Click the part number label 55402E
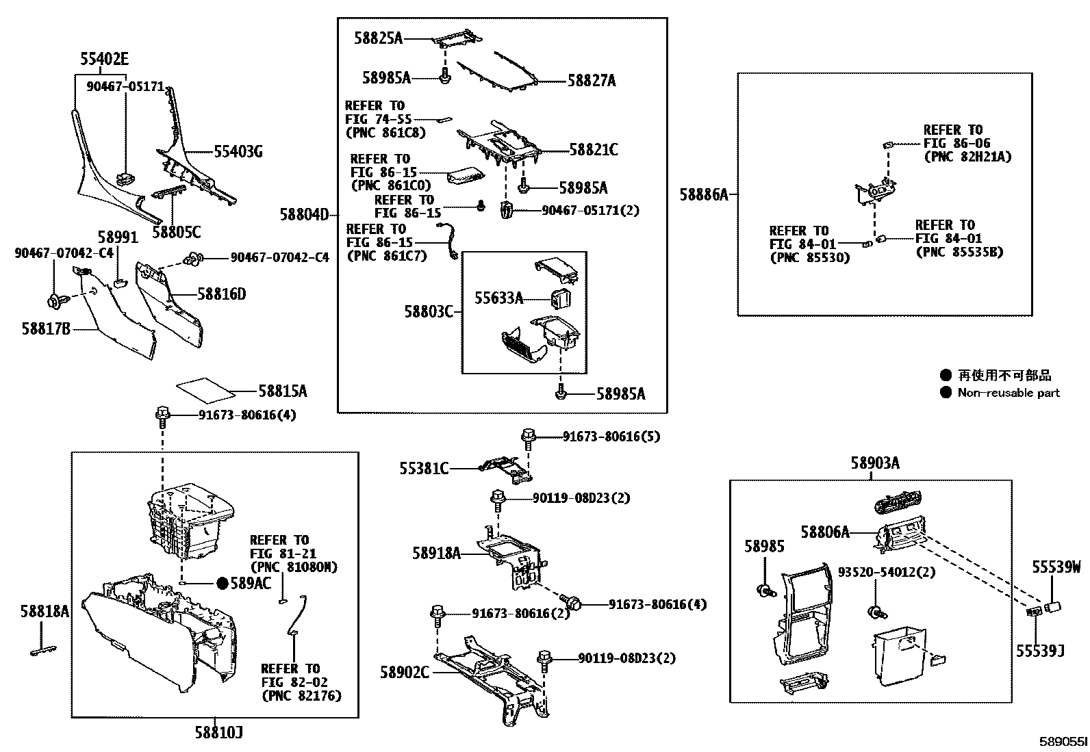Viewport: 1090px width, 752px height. click(x=104, y=60)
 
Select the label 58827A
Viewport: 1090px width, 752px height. click(x=592, y=81)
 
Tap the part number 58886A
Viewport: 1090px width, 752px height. click(x=703, y=195)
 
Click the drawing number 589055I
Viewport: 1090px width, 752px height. click(x=1063, y=742)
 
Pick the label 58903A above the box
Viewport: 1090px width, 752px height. click(x=874, y=463)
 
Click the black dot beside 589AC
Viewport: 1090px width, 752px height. click(x=222, y=583)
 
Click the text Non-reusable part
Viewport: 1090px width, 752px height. click(x=1008, y=393)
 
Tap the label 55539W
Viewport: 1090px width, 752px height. click(x=1056, y=567)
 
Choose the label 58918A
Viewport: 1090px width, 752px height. click(x=436, y=553)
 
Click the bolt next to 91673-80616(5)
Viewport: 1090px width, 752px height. click(x=528, y=437)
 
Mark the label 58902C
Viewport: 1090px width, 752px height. click(x=405, y=672)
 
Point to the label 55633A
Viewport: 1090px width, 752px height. click(x=498, y=298)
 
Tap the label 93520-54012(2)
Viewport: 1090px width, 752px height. click(x=887, y=572)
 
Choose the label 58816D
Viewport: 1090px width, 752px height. click(x=221, y=295)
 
